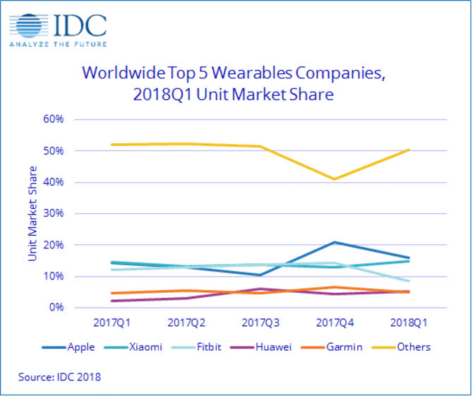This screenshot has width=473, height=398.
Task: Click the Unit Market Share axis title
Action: pyautogui.click(x=32, y=214)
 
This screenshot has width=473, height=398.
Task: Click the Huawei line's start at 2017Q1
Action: pyautogui.click(x=111, y=301)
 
